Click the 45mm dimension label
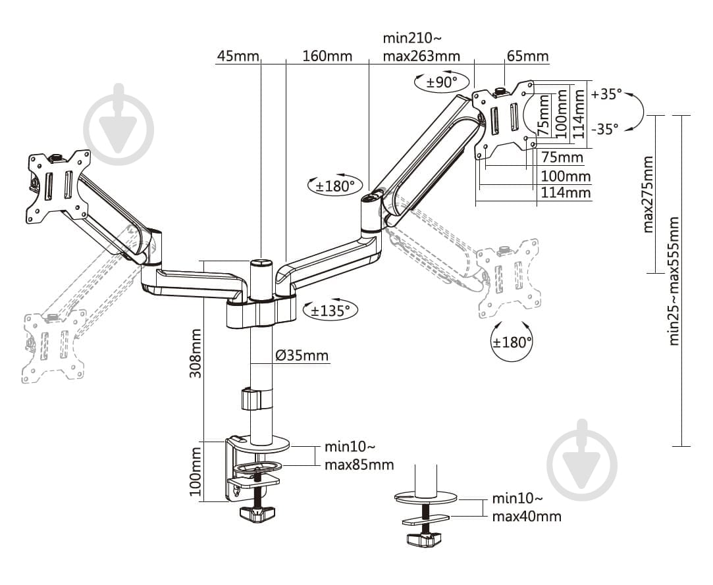click(238, 56)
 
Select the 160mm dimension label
click(327, 56)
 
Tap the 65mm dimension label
click(527, 56)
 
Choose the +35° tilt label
click(606, 93)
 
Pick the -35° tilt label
click(605, 129)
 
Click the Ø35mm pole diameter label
click(302, 356)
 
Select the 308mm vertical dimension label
click(195, 353)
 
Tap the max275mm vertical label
click(648, 194)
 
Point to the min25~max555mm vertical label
click(673, 281)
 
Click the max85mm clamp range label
click(359, 465)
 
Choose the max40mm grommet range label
click(527, 516)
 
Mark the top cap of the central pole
click(261, 263)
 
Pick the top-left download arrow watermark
click(119, 125)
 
